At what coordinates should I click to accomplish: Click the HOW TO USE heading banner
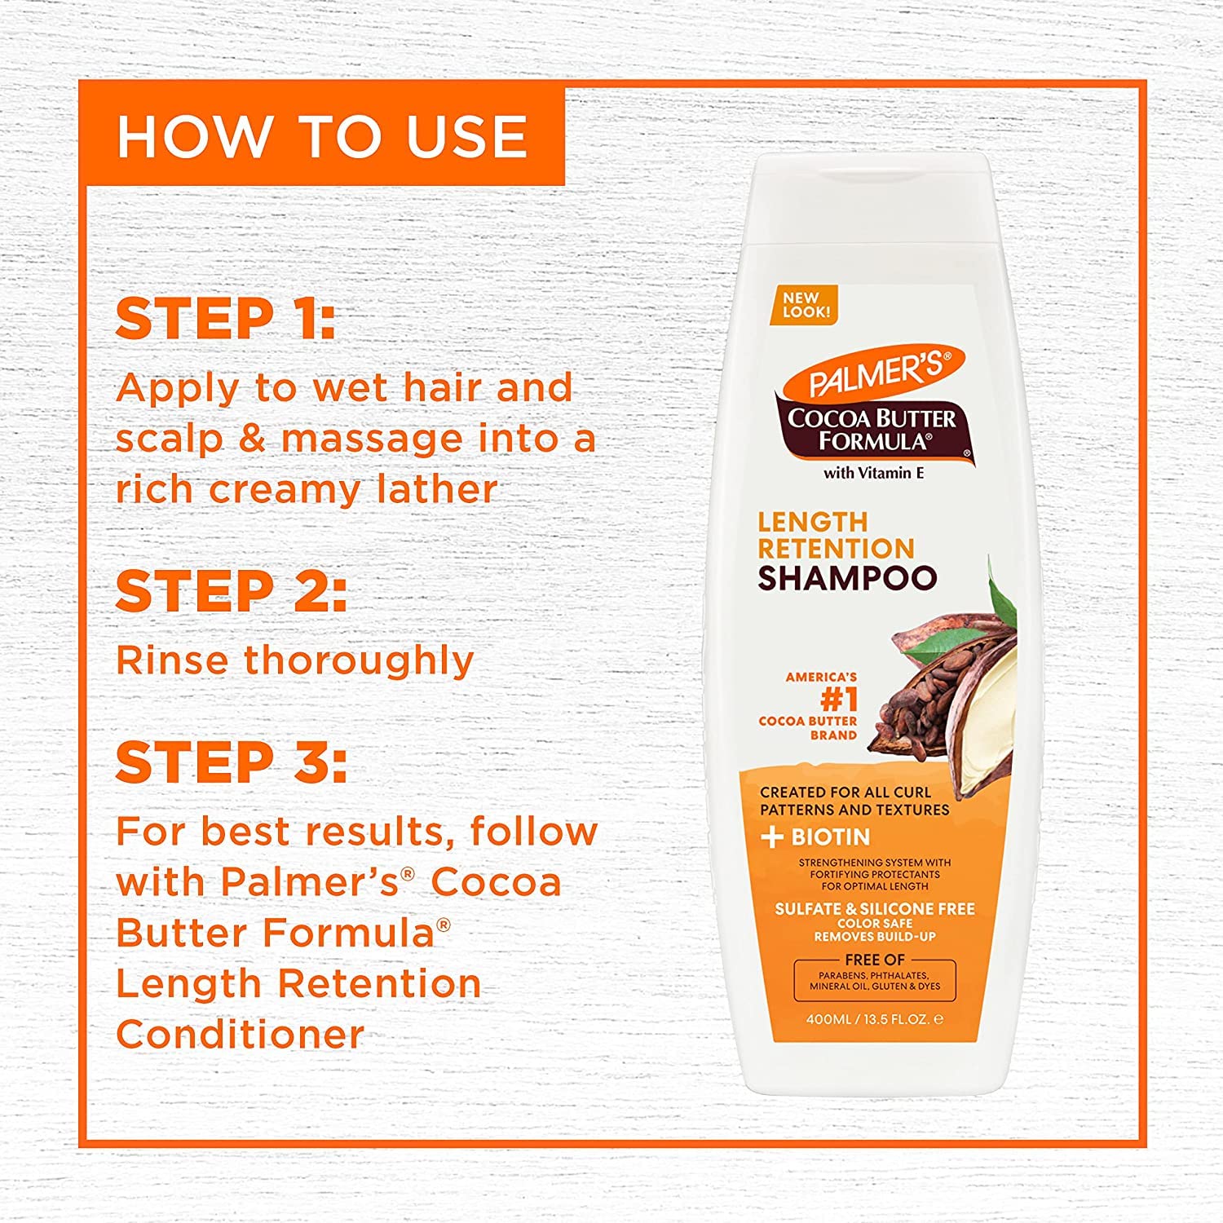[322, 135]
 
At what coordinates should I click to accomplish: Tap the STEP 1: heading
[225, 319]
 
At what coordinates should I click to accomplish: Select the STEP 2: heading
[231, 592]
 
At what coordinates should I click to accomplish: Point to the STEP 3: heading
[231, 763]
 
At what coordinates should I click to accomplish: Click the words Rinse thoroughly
[294, 660]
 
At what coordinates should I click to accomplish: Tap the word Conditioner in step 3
[240, 1035]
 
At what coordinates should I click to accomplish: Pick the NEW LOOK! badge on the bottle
[806, 305]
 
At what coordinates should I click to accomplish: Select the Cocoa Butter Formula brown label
[872, 430]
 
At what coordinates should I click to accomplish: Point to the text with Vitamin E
[873, 473]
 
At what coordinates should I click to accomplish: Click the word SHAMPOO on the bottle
[847, 578]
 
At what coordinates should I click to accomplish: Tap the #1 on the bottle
[838, 700]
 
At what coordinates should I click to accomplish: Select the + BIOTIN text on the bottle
[815, 837]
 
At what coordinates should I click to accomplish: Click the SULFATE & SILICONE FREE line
[874, 908]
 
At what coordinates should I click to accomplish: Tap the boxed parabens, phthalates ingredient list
[874, 981]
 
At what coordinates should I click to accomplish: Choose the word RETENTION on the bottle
[836, 549]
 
